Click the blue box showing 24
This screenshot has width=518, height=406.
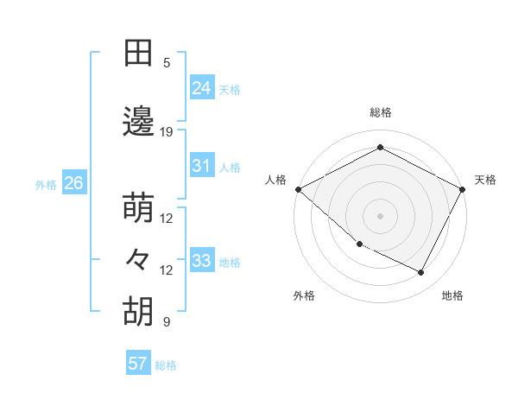pos(202,87)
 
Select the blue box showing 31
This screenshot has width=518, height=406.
pos(202,166)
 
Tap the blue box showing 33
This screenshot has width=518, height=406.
pos(202,261)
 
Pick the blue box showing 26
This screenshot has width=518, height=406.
pos(73,183)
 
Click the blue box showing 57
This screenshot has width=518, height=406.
pos(138,364)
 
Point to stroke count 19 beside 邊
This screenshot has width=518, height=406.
pos(167,132)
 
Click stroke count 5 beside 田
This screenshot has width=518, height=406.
pos(167,63)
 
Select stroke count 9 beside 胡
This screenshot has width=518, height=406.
pos(167,322)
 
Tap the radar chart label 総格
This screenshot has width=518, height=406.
pos(380,112)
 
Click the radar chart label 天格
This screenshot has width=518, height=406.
pos(485,180)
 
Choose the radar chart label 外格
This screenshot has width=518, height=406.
pos(304,295)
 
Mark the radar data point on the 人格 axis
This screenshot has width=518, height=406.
pos(298,188)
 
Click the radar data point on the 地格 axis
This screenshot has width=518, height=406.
pos(421,273)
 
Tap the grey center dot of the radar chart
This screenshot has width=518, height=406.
pos(380,215)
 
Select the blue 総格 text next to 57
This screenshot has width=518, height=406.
pos(166,365)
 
